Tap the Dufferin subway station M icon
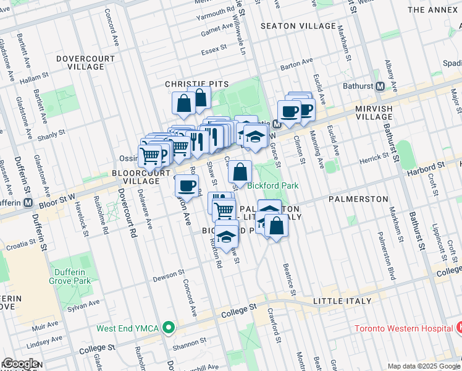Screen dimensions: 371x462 coord(28,203)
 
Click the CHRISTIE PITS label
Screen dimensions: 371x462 coord(197,84)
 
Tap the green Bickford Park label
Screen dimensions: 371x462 coord(273,185)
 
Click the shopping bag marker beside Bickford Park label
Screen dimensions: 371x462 coord(241,171)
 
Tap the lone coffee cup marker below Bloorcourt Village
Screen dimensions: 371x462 coord(187,185)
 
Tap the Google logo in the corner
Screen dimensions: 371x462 coord(20,364)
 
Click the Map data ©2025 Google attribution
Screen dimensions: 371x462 coord(423,366)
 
